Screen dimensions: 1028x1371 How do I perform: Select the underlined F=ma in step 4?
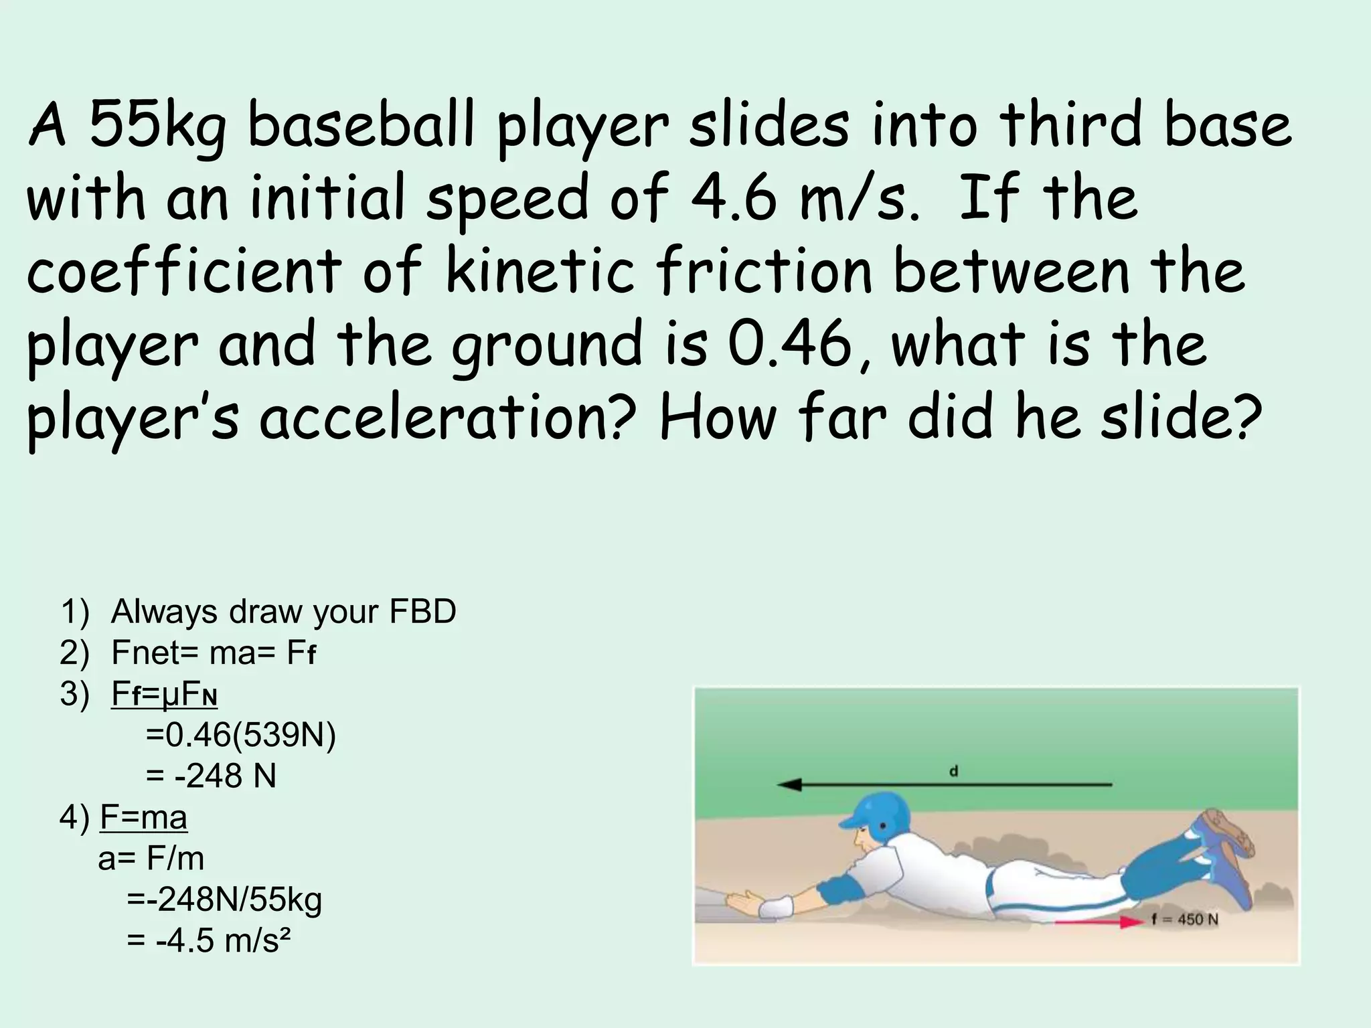143,817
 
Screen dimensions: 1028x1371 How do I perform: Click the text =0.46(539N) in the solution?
240,735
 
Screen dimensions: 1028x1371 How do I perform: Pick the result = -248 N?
211,776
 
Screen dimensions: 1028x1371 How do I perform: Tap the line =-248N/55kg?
224,899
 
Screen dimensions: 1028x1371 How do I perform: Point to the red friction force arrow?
1099,923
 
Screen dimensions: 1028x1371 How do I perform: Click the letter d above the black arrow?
954,772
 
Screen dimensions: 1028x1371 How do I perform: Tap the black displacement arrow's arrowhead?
789,784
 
